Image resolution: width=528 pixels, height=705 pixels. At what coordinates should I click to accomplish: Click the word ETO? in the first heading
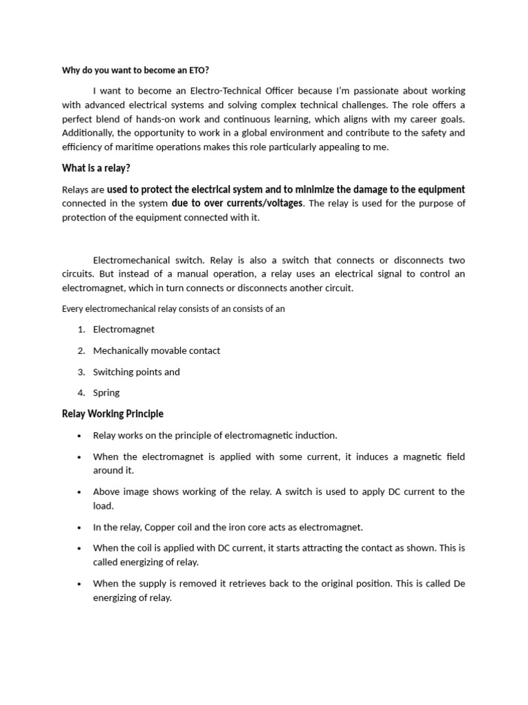(199, 70)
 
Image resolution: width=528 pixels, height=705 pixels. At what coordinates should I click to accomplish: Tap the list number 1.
(80, 329)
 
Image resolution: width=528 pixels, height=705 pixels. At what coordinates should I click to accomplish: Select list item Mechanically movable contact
(157, 350)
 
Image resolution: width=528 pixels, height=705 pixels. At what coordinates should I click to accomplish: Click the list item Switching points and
(136, 372)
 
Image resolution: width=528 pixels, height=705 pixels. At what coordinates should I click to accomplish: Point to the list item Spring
(107, 392)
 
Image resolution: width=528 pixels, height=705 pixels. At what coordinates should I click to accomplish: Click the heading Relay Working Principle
(113, 414)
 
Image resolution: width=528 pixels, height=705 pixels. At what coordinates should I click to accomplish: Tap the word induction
(315, 435)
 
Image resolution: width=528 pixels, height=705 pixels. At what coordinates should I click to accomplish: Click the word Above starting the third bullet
(106, 492)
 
